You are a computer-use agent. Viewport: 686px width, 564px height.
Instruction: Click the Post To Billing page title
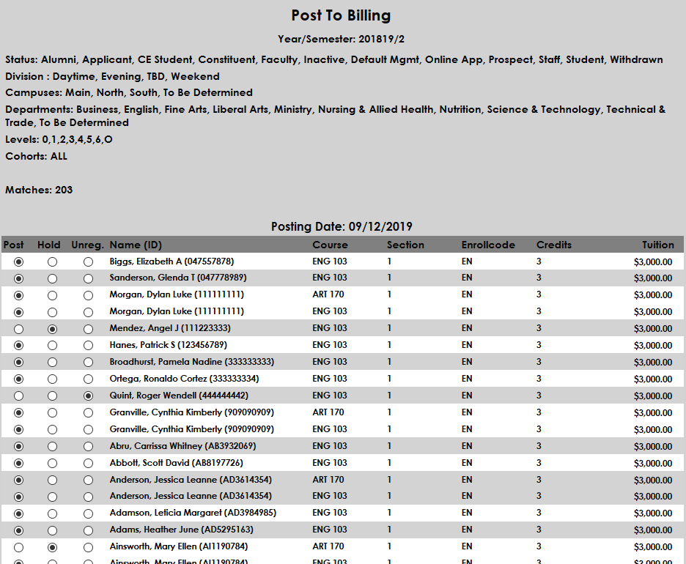coord(341,15)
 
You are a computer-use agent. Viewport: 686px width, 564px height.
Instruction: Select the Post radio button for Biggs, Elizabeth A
coord(18,261)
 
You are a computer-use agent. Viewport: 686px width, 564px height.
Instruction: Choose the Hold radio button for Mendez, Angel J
coord(52,329)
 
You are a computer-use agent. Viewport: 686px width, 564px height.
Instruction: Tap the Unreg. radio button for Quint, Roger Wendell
coord(88,396)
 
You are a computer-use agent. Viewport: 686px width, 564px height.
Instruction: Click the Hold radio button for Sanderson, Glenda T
coord(52,278)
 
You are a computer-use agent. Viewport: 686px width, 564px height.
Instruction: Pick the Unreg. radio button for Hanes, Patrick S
coord(88,346)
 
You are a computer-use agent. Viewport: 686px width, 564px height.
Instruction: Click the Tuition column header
coord(657,245)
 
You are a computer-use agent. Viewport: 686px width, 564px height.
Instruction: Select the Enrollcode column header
coord(488,245)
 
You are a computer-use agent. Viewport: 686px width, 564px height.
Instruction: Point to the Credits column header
coord(553,245)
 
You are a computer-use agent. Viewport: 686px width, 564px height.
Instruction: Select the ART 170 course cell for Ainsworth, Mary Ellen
coord(328,546)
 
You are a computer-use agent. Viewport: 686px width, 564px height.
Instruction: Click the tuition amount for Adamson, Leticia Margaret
coord(652,513)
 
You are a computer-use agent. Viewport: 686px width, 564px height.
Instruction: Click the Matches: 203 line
coord(39,190)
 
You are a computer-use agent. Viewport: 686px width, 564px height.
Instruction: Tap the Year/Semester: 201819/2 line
coord(341,39)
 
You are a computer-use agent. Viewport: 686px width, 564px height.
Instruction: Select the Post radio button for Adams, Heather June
coord(18,530)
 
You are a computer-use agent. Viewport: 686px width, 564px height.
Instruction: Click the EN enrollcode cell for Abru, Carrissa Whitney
coord(467,446)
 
